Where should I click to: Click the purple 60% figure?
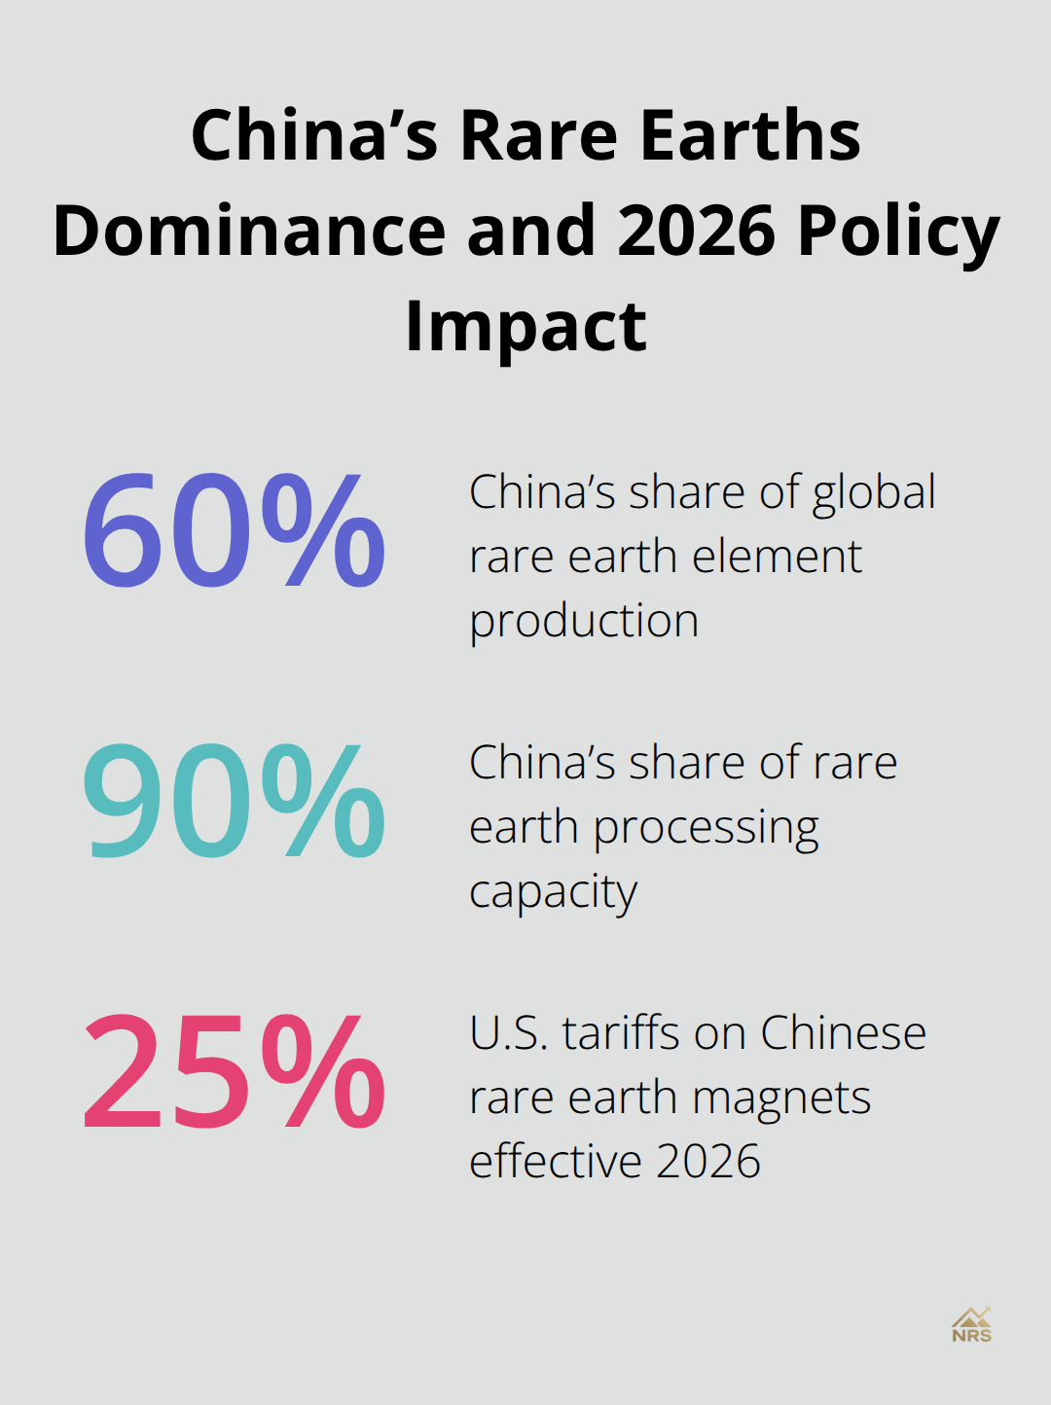234,531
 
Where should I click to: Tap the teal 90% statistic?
234,802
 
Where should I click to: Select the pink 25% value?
234,1072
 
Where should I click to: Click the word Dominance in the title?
248,231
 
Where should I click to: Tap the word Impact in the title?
525,326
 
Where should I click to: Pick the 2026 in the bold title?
695,231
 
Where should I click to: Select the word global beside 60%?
874,493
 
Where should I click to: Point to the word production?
584,622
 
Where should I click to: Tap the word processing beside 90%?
706,829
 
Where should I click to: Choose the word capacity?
553,893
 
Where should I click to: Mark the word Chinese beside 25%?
843,1033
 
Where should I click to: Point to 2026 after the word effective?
708,1162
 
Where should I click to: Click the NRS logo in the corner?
971,1324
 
